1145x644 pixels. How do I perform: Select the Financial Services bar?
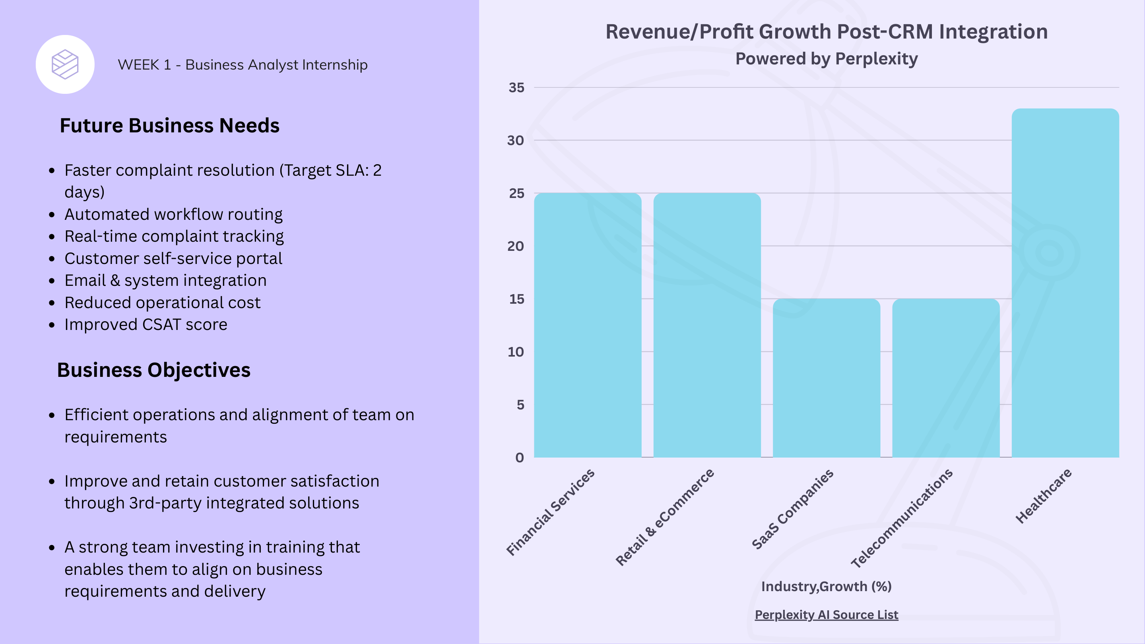click(x=588, y=325)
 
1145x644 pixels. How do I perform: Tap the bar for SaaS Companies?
click(x=826, y=378)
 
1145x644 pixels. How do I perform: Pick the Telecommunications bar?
click(x=946, y=378)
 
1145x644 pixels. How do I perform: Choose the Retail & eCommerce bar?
click(x=707, y=325)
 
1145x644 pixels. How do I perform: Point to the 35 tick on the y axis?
click(x=516, y=87)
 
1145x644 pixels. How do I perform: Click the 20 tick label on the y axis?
click(x=516, y=246)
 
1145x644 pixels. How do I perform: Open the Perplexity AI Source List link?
click(x=826, y=615)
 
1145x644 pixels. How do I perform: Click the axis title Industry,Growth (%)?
click(x=826, y=586)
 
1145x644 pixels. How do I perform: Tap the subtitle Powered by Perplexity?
click(x=826, y=59)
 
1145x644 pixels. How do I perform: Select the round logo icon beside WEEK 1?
click(x=65, y=64)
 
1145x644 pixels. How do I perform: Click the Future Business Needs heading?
click(x=169, y=126)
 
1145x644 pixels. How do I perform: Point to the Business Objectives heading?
click(x=154, y=370)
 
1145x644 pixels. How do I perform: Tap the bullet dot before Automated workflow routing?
click(x=52, y=215)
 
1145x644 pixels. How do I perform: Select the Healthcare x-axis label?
click(x=1043, y=496)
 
